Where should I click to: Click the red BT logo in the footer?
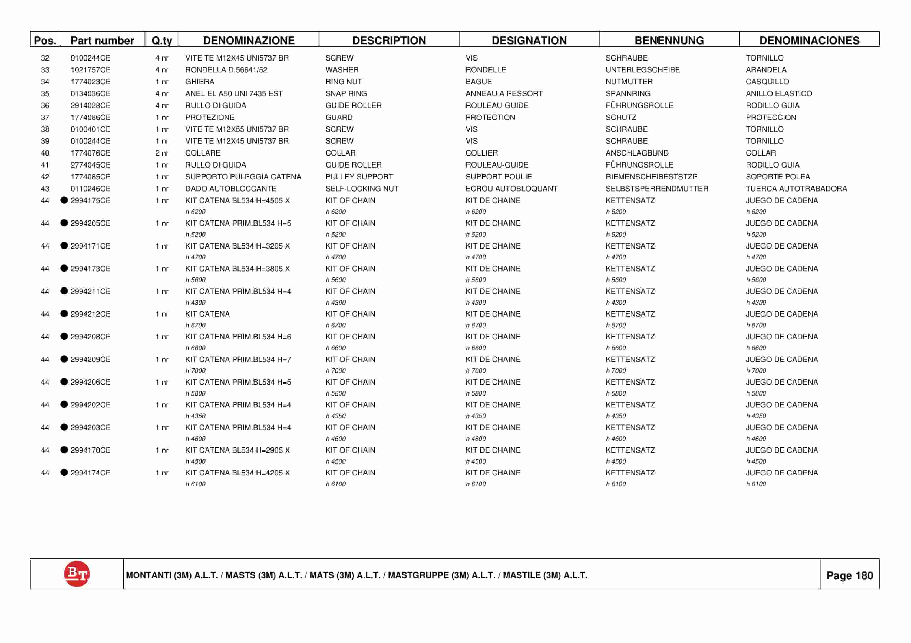tap(77, 574)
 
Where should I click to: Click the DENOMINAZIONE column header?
tap(249, 41)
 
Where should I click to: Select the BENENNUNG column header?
tap(669, 41)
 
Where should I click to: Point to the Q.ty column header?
tap(162, 41)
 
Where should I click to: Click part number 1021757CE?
tap(90, 70)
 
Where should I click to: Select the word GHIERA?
tap(200, 82)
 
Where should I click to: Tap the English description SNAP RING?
tap(346, 93)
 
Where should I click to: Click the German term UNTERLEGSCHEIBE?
tap(642, 70)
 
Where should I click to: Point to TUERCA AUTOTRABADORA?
tap(796, 189)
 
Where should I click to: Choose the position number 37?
tap(45, 117)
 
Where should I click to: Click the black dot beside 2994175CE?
tap(64, 200)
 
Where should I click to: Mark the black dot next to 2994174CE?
tap(64, 473)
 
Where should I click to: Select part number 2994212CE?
tap(90, 314)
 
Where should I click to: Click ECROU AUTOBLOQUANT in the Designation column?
tap(511, 189)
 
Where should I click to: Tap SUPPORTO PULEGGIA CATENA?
tap(243, 177)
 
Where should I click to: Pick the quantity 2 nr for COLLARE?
tap(162, 153)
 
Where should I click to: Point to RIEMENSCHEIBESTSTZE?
tap(651, 177)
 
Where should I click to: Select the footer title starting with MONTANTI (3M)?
tap(356, 575)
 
